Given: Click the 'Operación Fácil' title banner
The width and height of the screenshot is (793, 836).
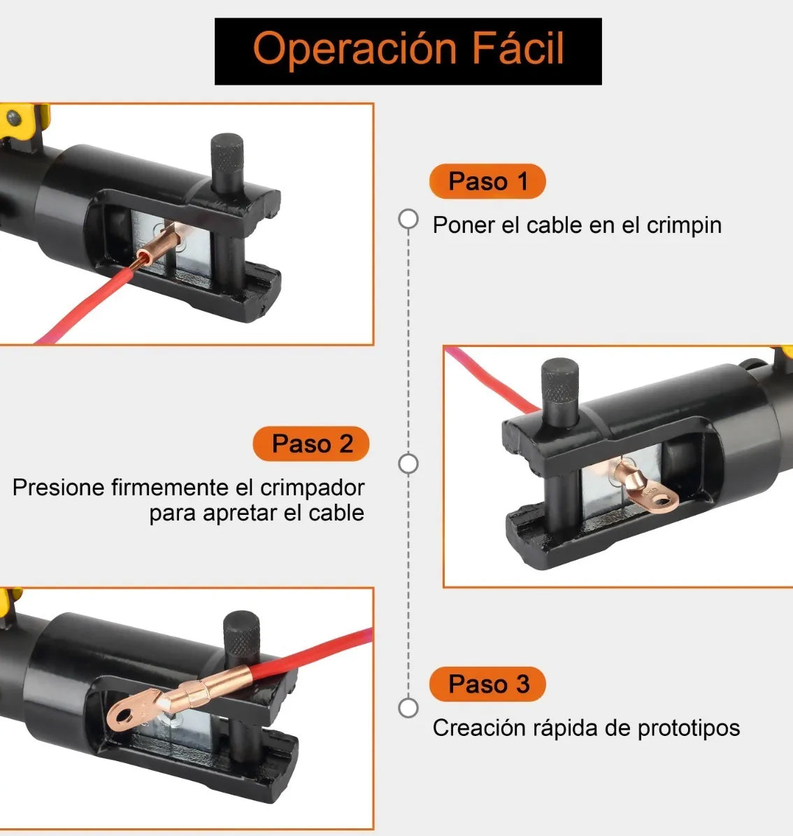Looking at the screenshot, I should [x=408, y=51].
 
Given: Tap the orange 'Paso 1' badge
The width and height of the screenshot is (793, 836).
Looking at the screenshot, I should [x=487, y=182].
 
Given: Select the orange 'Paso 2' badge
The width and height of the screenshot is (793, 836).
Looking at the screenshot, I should [x=311, y=444].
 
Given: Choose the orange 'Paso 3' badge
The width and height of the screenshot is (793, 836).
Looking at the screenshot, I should [x=487, y=684].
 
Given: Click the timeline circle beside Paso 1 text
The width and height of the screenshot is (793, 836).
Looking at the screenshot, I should [x=408, y=219].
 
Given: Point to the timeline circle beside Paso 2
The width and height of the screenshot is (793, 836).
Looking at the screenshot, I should [x=408, y=463].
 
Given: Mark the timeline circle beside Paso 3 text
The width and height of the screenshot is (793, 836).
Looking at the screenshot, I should [x=408, y=707].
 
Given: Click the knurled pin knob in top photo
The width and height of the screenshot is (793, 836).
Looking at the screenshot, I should [x=227, y=150].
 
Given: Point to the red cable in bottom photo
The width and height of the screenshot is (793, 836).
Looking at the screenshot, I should [x=315, y=654].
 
